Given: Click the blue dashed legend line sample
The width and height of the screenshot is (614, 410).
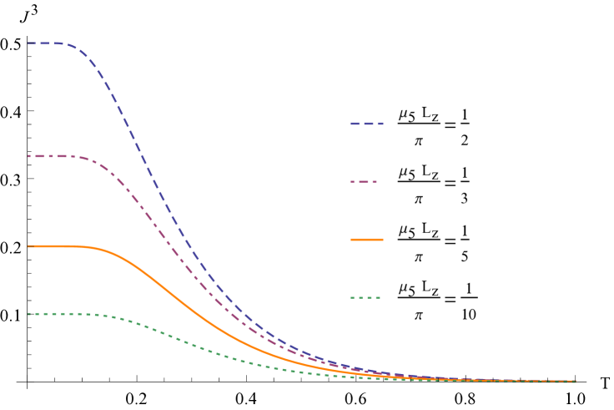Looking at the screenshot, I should tap(367, 124).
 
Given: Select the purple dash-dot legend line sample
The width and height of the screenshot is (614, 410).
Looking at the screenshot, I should tap(365, 181).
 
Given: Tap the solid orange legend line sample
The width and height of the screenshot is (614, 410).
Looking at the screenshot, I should tap(367, 240).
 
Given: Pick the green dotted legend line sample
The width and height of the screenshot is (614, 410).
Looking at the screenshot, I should tap(365, 297).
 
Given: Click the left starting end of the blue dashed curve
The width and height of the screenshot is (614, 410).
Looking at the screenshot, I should tap(28, 43).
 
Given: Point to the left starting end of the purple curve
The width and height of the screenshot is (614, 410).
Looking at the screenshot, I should tap(28, 156).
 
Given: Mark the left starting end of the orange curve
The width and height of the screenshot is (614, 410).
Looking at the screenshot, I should tap(28, 246).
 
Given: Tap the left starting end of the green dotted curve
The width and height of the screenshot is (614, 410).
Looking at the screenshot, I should tap(28, 314).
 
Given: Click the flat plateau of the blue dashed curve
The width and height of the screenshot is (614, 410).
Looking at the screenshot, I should tap(45, 43).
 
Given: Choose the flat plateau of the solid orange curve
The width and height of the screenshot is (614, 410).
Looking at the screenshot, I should tap(55, 246).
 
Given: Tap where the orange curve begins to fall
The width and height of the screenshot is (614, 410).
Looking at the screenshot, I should tap(96, 249).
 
